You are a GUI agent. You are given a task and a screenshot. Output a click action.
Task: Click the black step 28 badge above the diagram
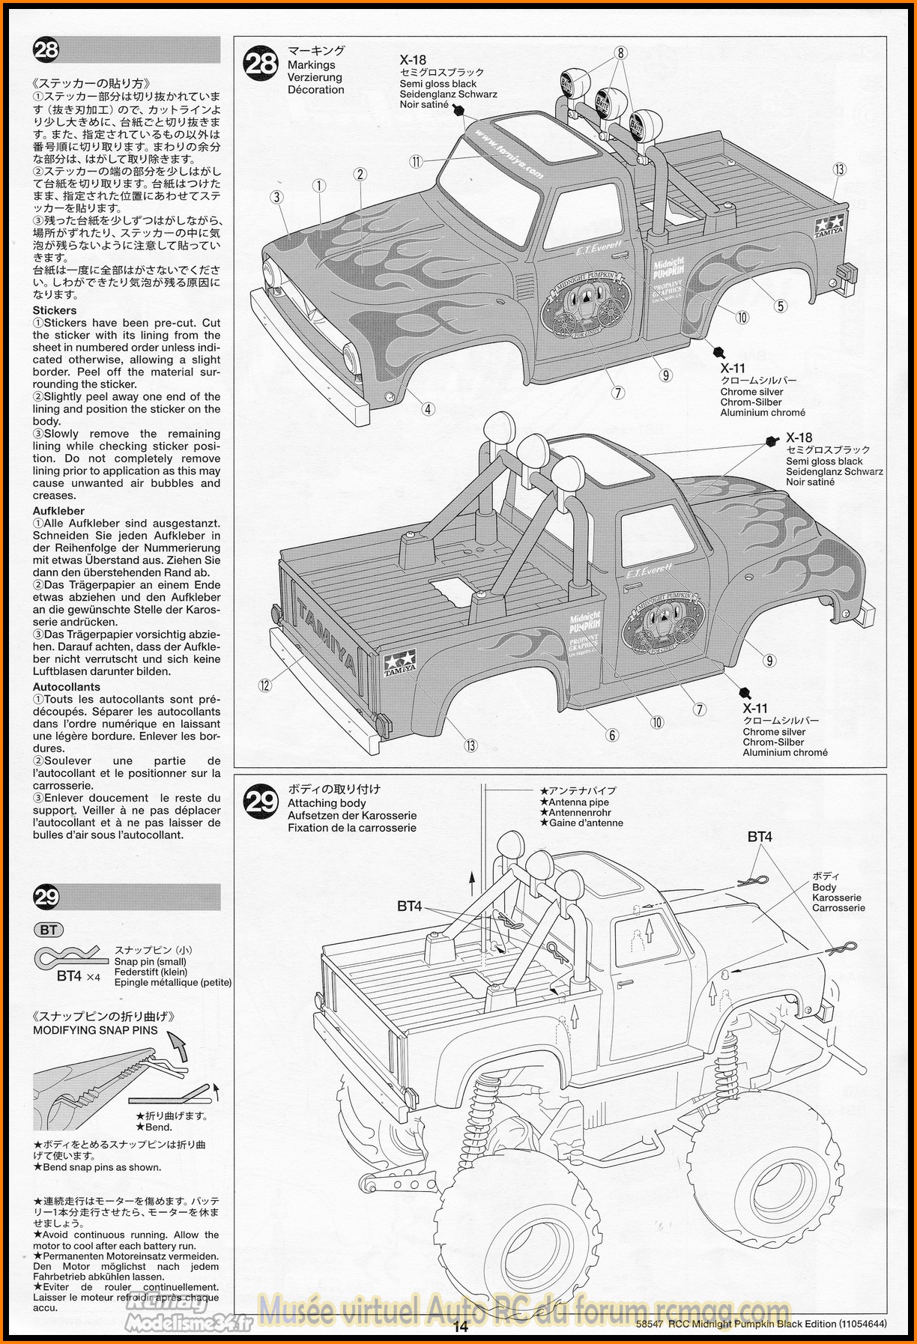pyautogui.click(x=261, y=62)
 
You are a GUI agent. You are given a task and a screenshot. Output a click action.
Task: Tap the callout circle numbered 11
pyautogui.click(x=416, y=161)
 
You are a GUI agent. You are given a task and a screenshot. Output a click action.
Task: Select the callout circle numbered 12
pyautogui.click(x=264, y=685)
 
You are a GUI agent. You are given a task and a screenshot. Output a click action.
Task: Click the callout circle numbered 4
pyautogui.click(x=428, y=409)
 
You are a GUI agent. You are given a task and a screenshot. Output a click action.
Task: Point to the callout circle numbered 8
pyautogui.click(x=620, y=52)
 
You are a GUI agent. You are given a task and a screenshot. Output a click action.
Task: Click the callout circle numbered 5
pyautogui.click(x=781, y=306)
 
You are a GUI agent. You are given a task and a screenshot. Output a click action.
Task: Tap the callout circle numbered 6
pyautogui.click(x=612, y=735)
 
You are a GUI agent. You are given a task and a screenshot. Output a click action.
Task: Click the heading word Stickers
pyautogui.click(x=54, y=310)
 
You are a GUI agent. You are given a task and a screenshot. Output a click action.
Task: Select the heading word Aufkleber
pyautogui.click(x=58, y=511)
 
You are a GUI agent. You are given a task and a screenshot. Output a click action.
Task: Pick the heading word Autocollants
pyautogui.click(x=66, y=686)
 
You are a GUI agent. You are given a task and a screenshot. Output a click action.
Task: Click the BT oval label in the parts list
pyautogui.click(x=49, y=930)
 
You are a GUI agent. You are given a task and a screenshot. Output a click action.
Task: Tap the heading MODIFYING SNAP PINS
pyautogui.click(x=95, y=1030)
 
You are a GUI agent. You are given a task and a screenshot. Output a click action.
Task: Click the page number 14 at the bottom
pyautogui.click(x=460, y=1327)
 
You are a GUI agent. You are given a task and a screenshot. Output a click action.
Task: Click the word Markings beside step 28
pyautogui.click(x=311, y=65)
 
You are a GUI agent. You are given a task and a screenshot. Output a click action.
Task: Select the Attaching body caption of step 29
pyautogui.click(x=327, y=803)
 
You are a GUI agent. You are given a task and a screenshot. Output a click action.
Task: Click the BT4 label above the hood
pyautogui.click(x=760, y=837)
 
